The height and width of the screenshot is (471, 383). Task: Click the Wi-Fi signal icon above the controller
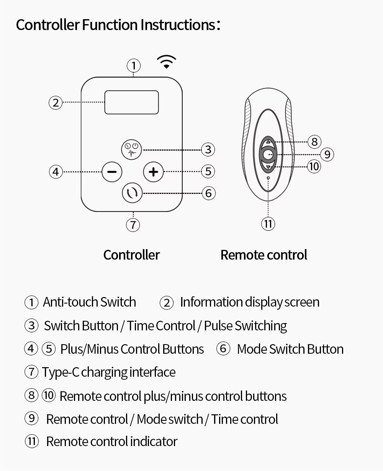click(x=167, y=62)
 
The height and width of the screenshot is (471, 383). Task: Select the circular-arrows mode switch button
click(x=132, y=193)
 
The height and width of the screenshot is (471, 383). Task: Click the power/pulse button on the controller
click(x=131, y=149)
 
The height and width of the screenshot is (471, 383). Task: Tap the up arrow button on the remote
click(x=268, y=142)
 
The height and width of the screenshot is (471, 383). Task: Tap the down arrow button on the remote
click(x=268, y=167)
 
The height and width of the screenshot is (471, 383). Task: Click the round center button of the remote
click(x=268, y=154)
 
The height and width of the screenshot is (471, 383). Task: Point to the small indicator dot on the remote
click(x=268, y=178)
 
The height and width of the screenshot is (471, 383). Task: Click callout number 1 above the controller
click(x=134, y=66)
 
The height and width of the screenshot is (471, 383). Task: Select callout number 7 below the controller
click(x=133, y=225)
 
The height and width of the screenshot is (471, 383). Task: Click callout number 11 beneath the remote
click(x=268, y=224)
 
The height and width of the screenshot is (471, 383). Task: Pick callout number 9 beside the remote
click(x=327, y=154)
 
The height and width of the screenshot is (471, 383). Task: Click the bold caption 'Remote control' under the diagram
click(x=264, y=255)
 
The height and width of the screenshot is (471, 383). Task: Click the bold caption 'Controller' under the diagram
click(x=131, y=255)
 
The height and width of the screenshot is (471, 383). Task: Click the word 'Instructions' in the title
click(x=177, y=25)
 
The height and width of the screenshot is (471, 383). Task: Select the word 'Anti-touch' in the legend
click(x=70, y=302)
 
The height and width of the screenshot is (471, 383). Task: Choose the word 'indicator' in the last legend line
click(x=154, y=441)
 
